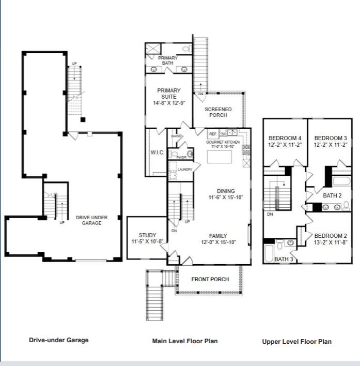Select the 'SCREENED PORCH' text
(x=218, y=112)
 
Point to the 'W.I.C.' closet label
(x=157, y=152)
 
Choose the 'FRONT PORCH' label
(x=210, y=279)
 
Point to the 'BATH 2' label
(x=333, y=195)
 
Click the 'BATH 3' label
(x=284, y=258)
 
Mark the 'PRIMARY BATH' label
(x=168, y=61)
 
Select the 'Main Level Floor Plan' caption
(x=185, y=341)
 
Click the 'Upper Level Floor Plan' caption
(x=296, y=342)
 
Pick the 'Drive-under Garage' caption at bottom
(x=58, y=340)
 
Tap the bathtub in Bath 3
(x=270, y=253)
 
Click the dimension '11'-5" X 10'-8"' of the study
(x=147, y=241)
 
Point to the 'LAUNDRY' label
(x=185, y=169)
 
